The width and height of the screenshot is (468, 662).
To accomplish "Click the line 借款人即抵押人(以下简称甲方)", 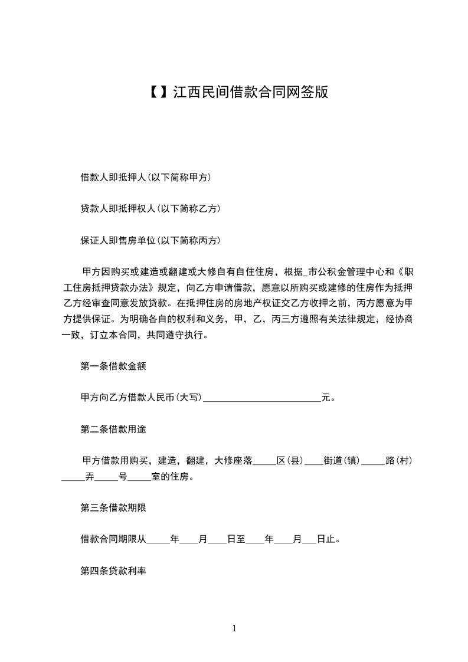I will [146, 177].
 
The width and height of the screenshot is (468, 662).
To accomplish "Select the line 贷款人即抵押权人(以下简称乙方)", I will [150, 208].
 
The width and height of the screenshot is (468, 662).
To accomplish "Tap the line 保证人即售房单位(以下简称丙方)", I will [150, 240].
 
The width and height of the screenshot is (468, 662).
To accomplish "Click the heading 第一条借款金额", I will [113, 366].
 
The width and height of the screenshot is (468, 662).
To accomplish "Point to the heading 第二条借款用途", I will [113, 429].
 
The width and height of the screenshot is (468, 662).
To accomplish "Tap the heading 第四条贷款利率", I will [113, 571].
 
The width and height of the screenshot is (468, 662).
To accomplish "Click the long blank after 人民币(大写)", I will [261, 399].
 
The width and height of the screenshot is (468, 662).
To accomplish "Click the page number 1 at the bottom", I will [234, 628].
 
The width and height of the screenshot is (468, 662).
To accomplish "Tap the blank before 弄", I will [73, 477].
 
